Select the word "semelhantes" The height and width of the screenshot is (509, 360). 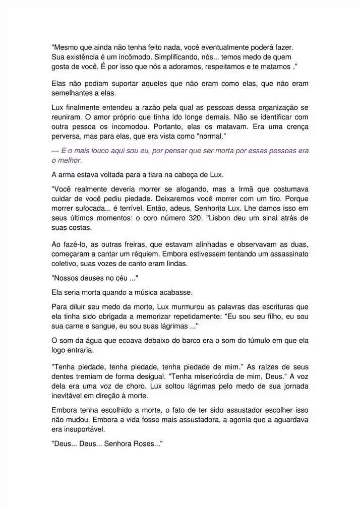pyautogui.click(x=72, y=93)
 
